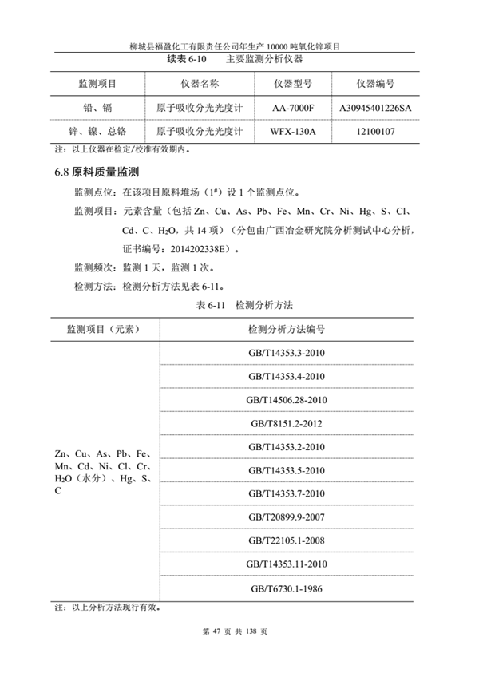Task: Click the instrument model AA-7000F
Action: (293, 106)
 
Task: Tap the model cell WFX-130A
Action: (293, 130)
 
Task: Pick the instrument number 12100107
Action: (374, 130)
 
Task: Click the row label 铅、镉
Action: (97, 106)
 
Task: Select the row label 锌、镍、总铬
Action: (97, 130)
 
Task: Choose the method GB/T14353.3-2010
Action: (287, 353)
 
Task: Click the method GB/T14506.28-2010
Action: (287, 399)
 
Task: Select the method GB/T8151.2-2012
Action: (287, 423)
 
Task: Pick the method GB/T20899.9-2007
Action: (287, 517)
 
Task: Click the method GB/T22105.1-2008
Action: (287, 540)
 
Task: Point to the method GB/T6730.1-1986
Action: (287, 588)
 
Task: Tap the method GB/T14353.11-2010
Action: (287, 564)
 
